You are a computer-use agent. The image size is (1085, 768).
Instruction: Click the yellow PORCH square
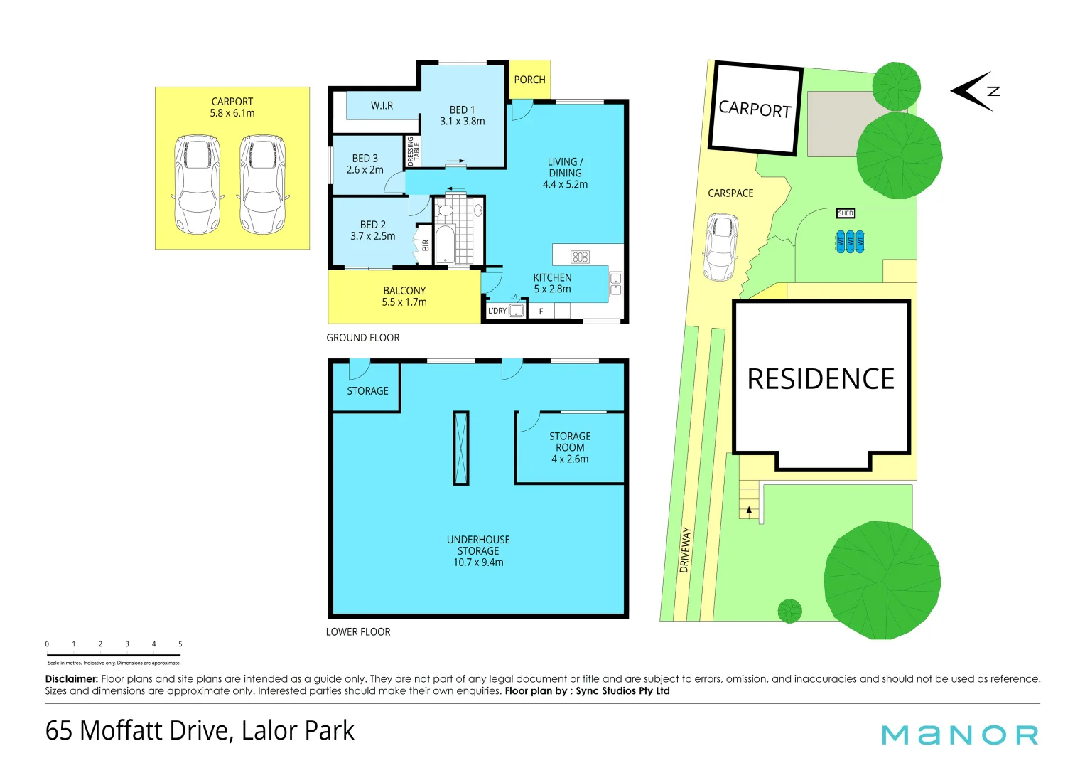(x=530, y=80)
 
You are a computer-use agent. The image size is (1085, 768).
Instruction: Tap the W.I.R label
(x=382, y=105)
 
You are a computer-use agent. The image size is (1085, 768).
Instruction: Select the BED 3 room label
(x=365, y=164)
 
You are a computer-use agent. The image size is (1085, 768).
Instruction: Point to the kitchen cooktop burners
(x=580, y=257)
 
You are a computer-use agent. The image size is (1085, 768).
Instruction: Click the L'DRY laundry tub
(x=517, y=310)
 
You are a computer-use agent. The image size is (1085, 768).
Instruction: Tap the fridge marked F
(x=541, y=311)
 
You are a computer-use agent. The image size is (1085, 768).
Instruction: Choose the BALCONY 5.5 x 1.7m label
(x=404, y=297)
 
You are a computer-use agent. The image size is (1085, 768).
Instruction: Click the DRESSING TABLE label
(x=413, y=151)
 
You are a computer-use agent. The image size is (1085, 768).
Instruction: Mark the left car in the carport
(x=197, y=184)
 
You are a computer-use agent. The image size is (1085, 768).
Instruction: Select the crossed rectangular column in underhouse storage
(x=460, y=448)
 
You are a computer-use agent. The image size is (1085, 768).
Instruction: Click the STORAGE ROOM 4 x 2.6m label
(x=570, y=447)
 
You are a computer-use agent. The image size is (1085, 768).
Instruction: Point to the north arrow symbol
(x=975, y=91)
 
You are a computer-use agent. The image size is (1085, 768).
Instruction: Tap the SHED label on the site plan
(x=846, y=213)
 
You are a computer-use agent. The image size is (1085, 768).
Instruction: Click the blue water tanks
(x=850, y=241)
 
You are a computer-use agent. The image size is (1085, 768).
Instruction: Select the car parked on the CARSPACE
(x=721, y=247)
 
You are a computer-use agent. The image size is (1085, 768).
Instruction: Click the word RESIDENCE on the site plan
(x=821, y=378)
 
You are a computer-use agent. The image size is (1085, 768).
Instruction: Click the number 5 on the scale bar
(x=180, y=644)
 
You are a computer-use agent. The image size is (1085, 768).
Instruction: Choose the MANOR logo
(x=959, y=735)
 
